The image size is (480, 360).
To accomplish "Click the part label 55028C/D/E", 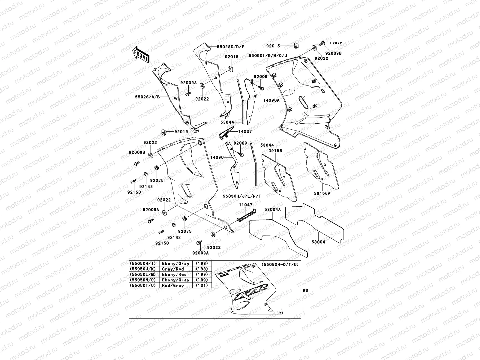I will coord(231,47).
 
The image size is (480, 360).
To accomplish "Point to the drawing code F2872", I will coord(336,43).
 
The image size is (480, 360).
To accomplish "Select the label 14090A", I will coord(271,100).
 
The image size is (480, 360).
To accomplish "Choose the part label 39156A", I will coord(322,193).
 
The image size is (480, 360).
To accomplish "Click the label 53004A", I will coord(272,210).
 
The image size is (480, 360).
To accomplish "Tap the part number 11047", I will coord(246,205).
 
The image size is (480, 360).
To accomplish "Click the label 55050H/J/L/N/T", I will coord(242,196).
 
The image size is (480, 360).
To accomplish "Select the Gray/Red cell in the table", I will coord(173,269).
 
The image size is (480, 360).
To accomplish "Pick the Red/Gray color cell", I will coord(173,286).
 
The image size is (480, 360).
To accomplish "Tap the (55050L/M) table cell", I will coord(142,274).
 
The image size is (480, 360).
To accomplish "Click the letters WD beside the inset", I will coord(305,290).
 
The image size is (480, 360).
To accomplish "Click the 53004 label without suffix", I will coord(318,241).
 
